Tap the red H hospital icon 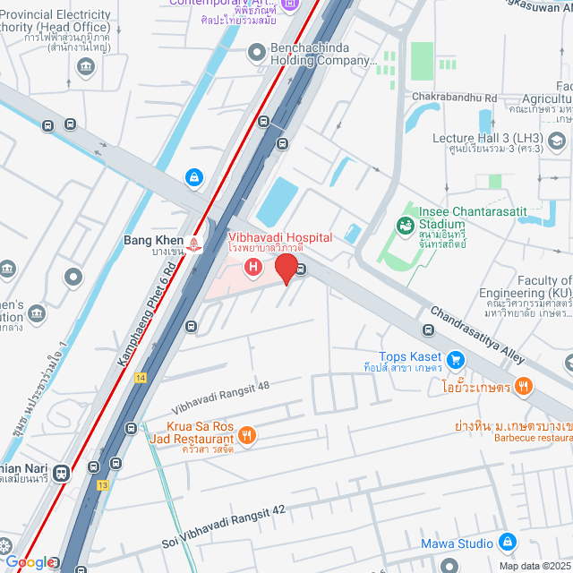pyautogui.click(x=254, y=266)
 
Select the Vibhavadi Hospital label pyautogui.click(x=279, y=237)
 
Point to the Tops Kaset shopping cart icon pyautogui.click(x=457, y=360)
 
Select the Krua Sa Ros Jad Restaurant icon pyautogui.click(x=247, y=435)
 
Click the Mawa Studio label pyautogui.click(x=456, y=543)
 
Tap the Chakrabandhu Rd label pyautogui.click(x=454, y=97)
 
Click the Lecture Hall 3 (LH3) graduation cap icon pyautogui.click(x=557, y=141)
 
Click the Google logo pyautogui.click(x=30, y=561)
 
